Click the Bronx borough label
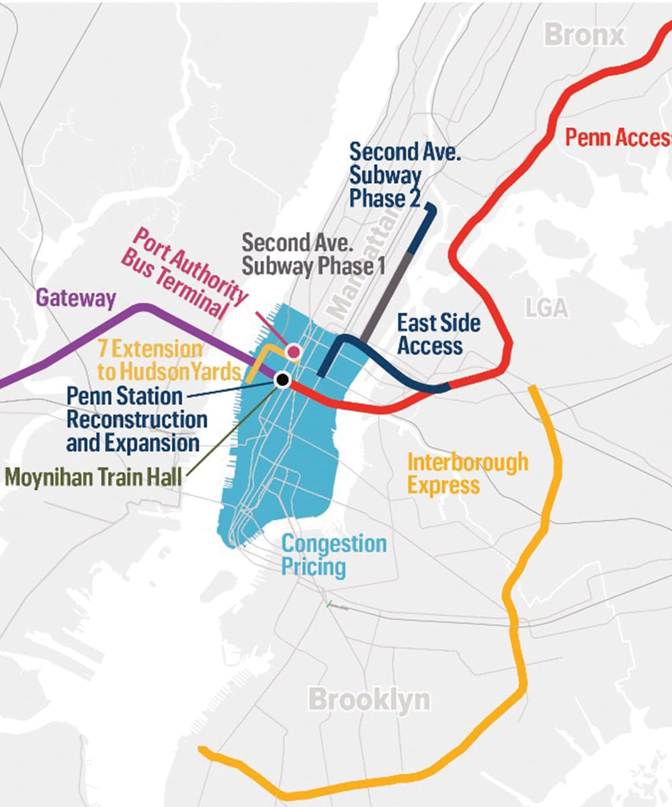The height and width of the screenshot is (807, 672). tap(584, 34)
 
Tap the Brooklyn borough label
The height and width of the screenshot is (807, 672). tap(369, 700)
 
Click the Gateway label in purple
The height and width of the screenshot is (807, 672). tap(76, 298)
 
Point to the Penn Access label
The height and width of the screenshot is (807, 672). tap(618, 137)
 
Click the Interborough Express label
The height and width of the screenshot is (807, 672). tap(468, 473)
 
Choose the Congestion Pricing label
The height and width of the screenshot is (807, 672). tap(333, 555)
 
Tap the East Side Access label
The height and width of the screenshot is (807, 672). tap(438, 334)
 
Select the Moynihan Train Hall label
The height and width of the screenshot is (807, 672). tap(93, 478)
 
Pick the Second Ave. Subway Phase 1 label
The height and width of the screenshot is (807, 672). tap(312, 254)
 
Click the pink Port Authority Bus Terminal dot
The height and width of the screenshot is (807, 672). tap(293, 351)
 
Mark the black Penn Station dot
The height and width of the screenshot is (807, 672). tap(283, 380)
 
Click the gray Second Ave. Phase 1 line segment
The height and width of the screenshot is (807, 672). tap(386, 296)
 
